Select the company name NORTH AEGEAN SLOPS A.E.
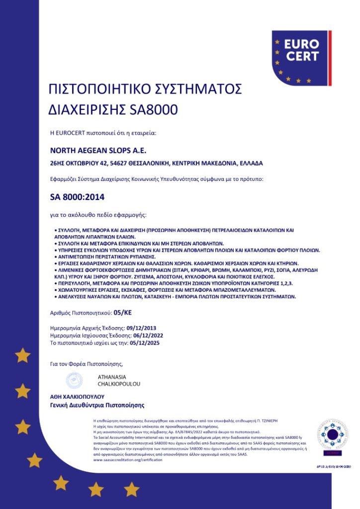pyautogui.click(x=98, y=150)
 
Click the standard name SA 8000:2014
pyautogui.click(x=78, y=197)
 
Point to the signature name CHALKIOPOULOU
pyautogui.click(x=119, y=384)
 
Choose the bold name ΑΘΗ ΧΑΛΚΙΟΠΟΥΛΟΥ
pyautogui.click(x=77, y=397)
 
